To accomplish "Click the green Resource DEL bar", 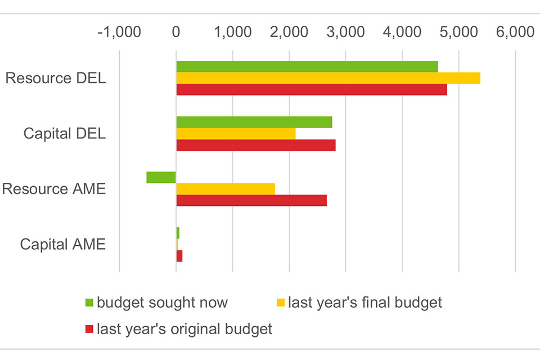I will click(x=307, y=66).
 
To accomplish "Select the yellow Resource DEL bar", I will click(x=328, y=78).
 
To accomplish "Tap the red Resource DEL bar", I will click(x=311, y=89).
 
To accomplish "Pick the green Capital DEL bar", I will click(x=254, y=122).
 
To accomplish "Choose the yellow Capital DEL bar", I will click(x=236, y=133).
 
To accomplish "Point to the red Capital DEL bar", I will click(x=255, y=145).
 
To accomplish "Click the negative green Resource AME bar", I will click(x=161, y=177).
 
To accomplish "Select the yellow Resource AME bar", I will click(x=225, y=188).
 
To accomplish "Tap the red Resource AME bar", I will click(x=251, y=200).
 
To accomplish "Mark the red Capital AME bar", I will click(x=179, y=256).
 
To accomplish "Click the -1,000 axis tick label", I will click(x=119, y=33).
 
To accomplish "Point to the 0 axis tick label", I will click(x=176, y=33).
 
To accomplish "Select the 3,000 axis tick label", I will click(x=345, y=33).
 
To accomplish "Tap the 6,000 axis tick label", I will click(x=515, y=33).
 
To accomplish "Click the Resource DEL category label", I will click(x=55, y=78).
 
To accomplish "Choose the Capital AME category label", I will click(x=62, y=245).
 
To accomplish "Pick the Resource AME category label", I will click(x=53, y=189).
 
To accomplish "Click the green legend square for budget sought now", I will click(x=89, y=303).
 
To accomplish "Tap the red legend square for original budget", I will click(x=89, y=329).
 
